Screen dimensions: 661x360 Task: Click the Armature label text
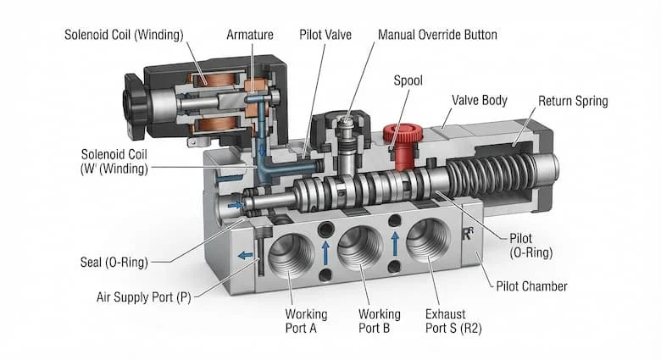pyautogui.click(x=249, y=35)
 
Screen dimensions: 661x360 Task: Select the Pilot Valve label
pyautogui.click(x=325, y=35)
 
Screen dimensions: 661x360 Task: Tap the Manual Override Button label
pyautogui.click(x=437, y=35)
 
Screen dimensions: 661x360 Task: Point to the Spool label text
pyautogui.click(x=408, y=80)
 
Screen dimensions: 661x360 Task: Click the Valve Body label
pyautogui.click(x=480, y=100)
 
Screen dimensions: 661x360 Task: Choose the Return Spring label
pyautogui.click(x=573, y=101)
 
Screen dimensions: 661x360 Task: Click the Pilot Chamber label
pyautogui.click(x=531, y=286)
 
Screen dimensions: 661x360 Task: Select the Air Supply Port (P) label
pyautogui.click(x=144, y=297)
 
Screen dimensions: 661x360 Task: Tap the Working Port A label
pyautogui.click(x=306, y=321)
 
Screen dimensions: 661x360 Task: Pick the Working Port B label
pyautogui.click(x=380, y=321)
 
